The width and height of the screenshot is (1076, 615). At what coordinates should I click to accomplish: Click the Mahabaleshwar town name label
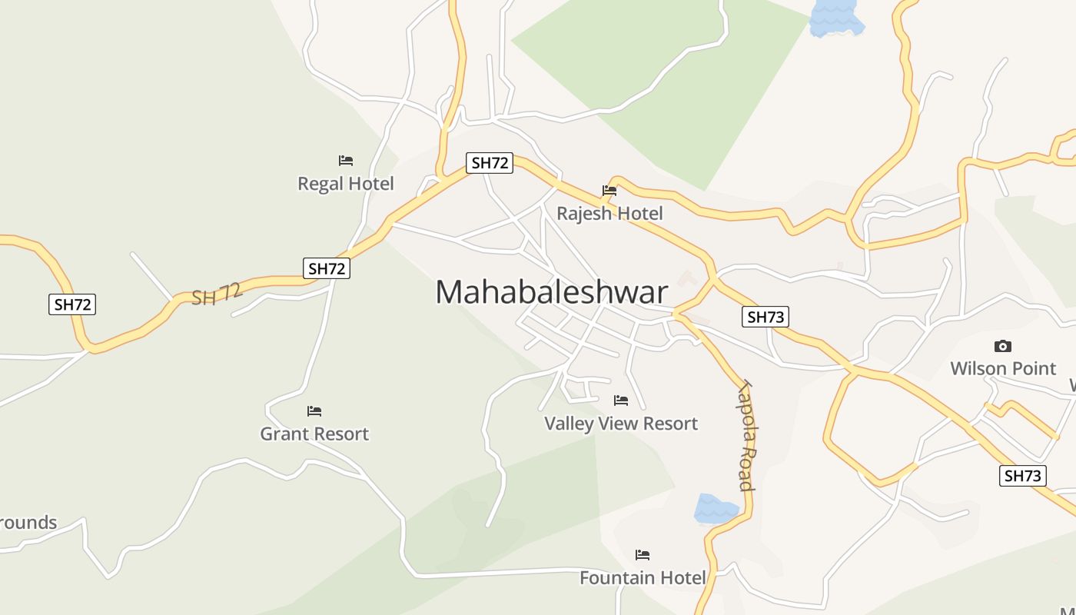tap(552, 293)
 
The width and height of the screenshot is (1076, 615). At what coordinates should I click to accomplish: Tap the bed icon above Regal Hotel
tap(346, 161)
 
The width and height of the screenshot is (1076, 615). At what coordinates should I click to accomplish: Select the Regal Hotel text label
tap(346, 184)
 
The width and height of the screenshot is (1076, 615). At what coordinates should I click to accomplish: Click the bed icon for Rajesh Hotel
tap(609, 191)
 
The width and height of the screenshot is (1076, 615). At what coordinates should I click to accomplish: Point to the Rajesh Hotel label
tap(609, 213)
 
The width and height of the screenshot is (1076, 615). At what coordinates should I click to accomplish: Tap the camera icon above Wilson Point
tap(1002, 346)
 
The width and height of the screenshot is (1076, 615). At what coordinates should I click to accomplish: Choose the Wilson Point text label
tap(1003, 368)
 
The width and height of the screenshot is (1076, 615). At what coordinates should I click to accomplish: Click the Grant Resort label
tap(314, 434)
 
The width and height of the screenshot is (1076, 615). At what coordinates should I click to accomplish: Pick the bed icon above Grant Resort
tap(314, 411)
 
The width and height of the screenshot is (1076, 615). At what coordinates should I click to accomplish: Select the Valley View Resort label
tap(621, 424)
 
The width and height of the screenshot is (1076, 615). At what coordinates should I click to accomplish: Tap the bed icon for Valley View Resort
tap(621, 401)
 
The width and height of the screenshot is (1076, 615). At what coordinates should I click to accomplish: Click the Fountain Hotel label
tap(643, 577)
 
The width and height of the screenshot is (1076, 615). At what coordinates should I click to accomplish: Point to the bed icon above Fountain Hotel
tap(643, 554)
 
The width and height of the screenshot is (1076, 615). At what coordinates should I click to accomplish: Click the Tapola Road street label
tap(745, 435)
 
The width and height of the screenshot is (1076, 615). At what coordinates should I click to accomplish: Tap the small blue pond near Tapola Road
tap(716, 509)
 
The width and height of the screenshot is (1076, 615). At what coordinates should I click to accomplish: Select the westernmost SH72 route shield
tap(72, 304)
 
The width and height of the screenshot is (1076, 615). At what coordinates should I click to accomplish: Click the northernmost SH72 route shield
tap(490, 163)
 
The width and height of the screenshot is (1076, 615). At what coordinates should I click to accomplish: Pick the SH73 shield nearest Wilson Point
tap(1023, 476)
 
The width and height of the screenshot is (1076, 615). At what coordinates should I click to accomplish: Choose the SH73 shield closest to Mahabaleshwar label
tap(765, 317)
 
